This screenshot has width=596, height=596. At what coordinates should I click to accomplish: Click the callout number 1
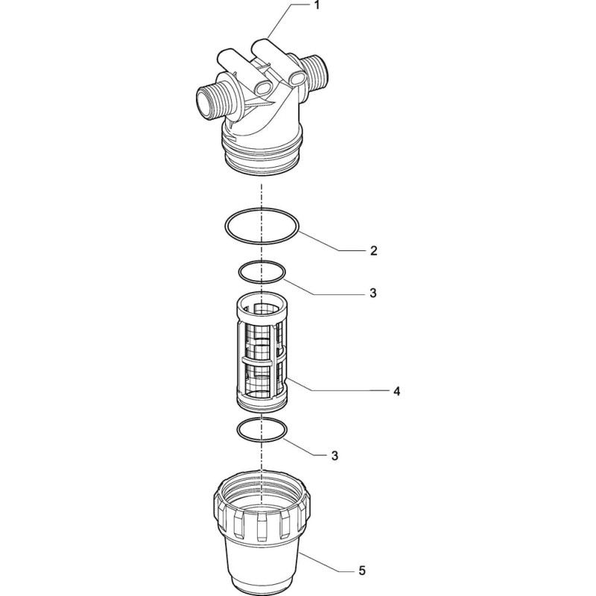(x=317, y=6)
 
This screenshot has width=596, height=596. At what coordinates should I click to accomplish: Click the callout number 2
(x=374, y=250)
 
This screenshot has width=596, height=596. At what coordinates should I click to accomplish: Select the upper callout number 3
(x=373, y=293)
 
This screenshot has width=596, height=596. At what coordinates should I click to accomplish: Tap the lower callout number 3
(x=335, y=456)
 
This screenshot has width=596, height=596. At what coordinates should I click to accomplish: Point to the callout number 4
(x=396, y=391)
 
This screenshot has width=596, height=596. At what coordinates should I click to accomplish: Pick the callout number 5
(x=361, y=571)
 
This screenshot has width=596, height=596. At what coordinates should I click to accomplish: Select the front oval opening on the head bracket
(x=262, y=89)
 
